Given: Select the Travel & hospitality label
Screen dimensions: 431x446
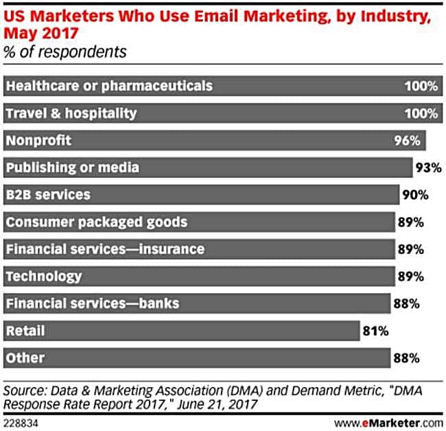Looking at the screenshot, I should [71, 113].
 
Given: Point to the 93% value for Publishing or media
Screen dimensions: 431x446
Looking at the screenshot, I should [427, 167].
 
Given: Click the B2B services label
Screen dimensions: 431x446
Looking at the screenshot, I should [48, 195].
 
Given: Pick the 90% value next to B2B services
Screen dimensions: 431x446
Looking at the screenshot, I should [415, 195].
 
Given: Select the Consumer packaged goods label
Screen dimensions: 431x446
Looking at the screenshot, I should [96, 222].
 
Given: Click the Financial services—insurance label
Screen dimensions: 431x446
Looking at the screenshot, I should [105, 249].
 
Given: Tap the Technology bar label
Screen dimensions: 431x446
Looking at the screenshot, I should [43, 276].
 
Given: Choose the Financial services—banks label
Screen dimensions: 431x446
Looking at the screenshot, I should [92, 303].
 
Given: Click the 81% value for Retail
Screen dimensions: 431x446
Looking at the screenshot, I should [376, 331].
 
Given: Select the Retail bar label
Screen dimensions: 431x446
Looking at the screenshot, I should [25, 331].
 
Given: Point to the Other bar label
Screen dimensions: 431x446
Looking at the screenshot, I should [25, 358].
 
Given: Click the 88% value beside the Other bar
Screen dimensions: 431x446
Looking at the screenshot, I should [407, 358].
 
